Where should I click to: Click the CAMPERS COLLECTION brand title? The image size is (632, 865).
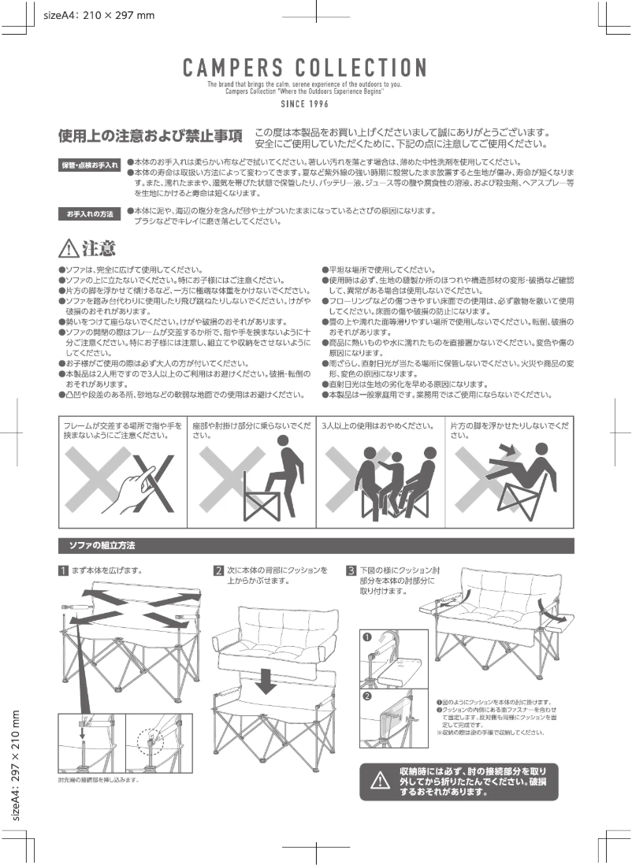point(304,68)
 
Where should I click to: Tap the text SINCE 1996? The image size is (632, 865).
point(304,103)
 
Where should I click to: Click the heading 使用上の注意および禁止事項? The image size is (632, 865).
point(150,136)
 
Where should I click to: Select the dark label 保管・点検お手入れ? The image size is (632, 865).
point(91,165)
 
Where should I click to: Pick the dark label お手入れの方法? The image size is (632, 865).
point(91,214)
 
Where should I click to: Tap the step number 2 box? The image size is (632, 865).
point(219,570)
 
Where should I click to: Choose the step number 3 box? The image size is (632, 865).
point(351,570)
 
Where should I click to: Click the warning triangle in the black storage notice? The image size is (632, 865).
point(380,780)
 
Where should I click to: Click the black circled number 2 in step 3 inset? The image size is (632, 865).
point(367,696)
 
